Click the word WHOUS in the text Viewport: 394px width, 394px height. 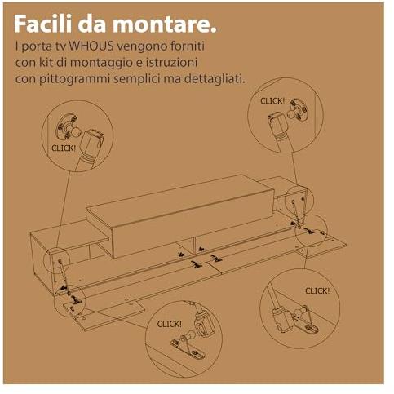[x=91, y=46]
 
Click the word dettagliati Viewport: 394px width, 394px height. [x=215, y=79]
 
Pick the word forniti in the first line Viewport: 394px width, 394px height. [x=188, y=46]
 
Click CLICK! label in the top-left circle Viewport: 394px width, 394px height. [x=64, y=148]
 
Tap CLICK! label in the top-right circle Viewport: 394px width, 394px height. [x=272, y=101]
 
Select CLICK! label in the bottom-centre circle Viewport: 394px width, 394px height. [x=170, y=324]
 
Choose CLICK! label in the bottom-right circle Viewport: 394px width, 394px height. [x=317, y=291]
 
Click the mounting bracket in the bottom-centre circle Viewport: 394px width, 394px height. [x=188, y=348]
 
